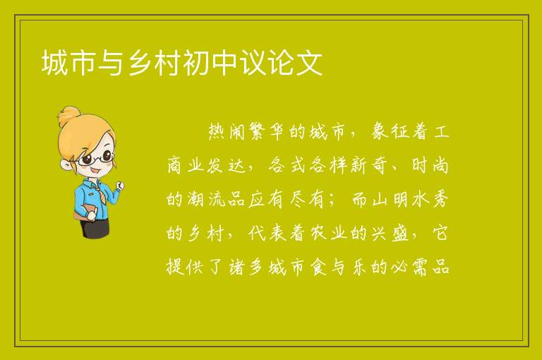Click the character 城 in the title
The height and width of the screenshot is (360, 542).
tap(54, 63)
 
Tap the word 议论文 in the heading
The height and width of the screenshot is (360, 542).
tap(282, 63)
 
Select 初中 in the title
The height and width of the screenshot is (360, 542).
tap(211, 63)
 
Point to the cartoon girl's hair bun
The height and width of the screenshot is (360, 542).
tap(69, 116)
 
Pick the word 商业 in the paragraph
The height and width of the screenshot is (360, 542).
tap(186, 165)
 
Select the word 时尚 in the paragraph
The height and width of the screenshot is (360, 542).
tap(430, 165)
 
